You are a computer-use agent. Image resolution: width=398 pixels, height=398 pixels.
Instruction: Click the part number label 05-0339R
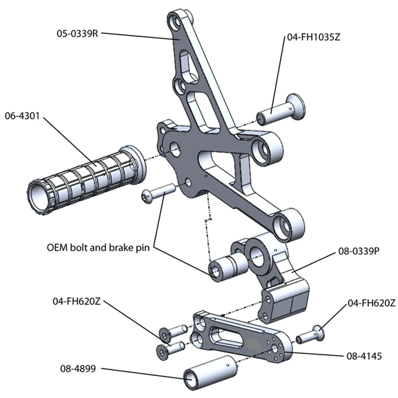point(77,34)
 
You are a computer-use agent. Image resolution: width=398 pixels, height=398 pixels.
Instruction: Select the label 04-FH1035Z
point(313,37)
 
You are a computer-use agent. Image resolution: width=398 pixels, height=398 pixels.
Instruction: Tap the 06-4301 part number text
point(22,116)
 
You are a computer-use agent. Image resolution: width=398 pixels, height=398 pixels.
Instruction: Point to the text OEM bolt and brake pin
point(98,248)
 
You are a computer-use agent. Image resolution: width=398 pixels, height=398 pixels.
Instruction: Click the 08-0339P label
point(359,251)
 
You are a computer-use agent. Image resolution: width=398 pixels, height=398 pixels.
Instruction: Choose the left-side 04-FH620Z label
point(77,301)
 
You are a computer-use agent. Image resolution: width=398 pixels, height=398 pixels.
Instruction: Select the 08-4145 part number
point(364,356)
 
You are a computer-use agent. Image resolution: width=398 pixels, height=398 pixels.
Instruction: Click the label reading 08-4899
point(78,369)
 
